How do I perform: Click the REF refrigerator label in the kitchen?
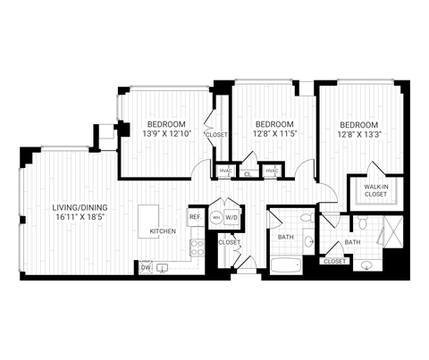pyautogui.click(x=195, y=217)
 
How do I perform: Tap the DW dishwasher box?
pyautogui.click(x=145, y=266)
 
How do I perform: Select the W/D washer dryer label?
pyautogui.click(x=231, y=217)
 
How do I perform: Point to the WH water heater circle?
pyautogui.click(x=215, y=217)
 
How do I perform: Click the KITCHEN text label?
pyautogui.click(x=163, y=231)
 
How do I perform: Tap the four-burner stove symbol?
pyautogui.click(x=198, y=247)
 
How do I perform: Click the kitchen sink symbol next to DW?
pyautogui.click(x=164, y=266)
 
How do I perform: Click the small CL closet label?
pyautogui.click(x=247, y=174)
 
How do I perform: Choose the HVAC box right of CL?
pyautogui.click(x=271, y=170)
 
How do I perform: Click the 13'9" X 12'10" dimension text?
pyautogui.click(x=166, y=133)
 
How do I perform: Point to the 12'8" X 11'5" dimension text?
pyautogui.click(x=274, y=133)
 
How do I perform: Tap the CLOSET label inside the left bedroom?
pyautogui.click(x=216, y=134)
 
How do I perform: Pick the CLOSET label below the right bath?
pyautogui.click(x=335, y=262)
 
